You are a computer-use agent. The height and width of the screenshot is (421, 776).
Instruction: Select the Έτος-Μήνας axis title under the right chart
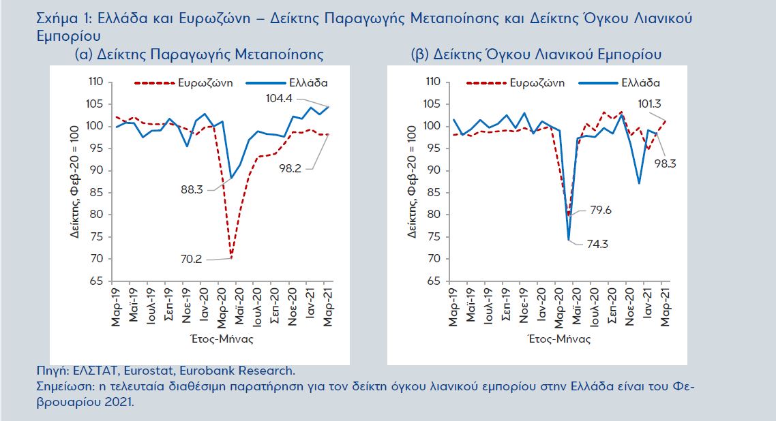(558, 338)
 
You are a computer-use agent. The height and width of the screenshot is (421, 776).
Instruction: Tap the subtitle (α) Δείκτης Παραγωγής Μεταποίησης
(198, 54)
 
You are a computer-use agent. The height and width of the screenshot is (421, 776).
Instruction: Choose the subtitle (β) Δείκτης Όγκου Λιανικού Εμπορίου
(536, 54)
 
